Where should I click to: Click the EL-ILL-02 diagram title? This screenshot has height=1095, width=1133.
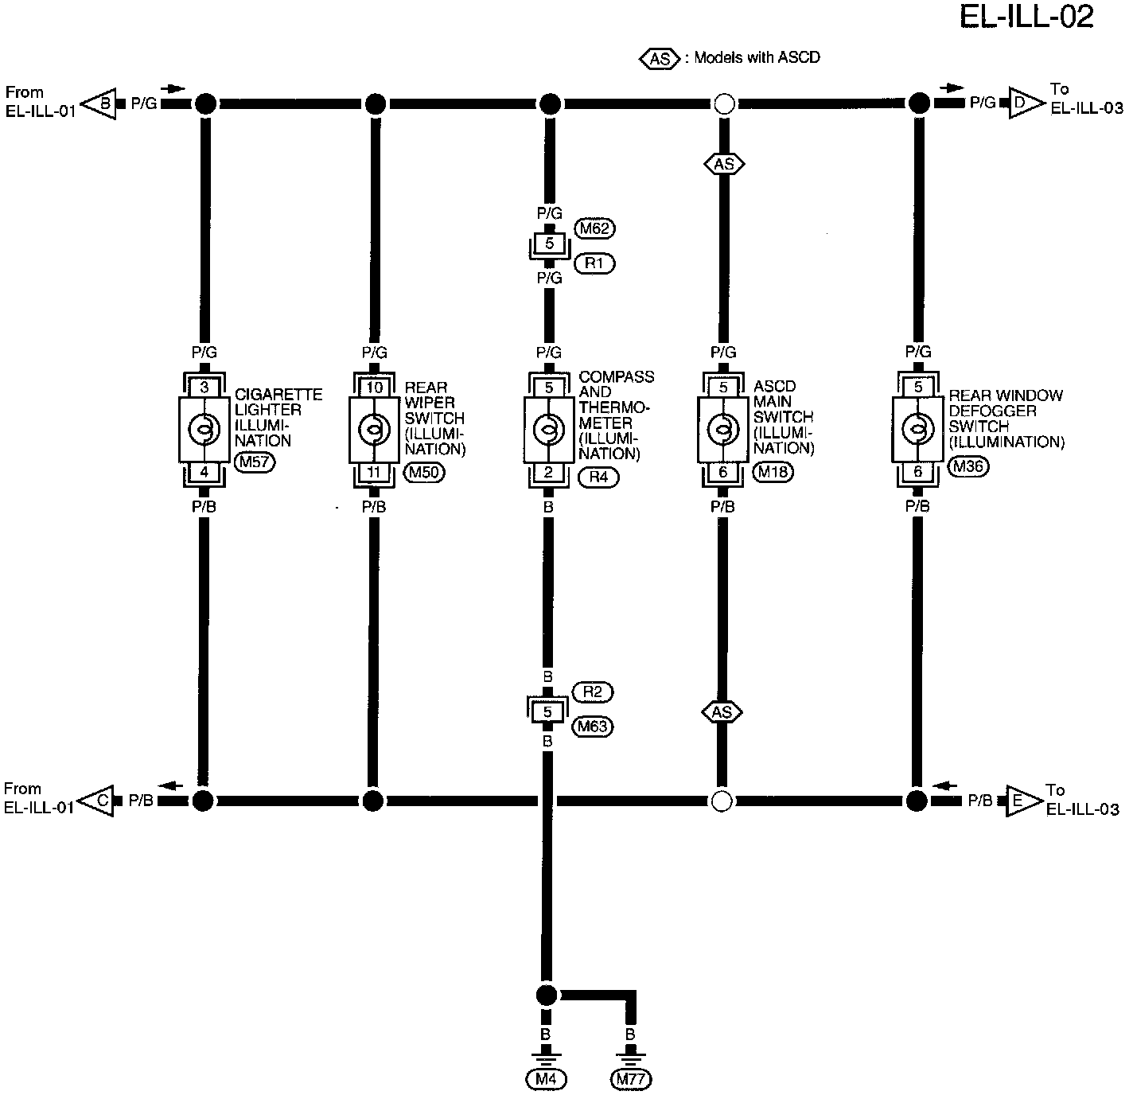pos(1026,18)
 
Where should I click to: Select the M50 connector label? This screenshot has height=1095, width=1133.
pos(425,472)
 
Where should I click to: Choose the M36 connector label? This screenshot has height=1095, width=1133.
pos(968,467)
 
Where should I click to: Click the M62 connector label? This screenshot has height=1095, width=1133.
pos(595,228)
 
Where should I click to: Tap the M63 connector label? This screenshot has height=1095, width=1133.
pos(593,726)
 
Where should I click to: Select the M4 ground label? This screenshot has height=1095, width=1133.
pos(546,1079)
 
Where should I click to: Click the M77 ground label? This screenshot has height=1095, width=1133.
pos(630,1079)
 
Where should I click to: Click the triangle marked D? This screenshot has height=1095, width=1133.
pos(1025,103)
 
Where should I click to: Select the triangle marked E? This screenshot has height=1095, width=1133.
pos(1021,800)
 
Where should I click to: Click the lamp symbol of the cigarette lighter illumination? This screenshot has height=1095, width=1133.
pos(204,430)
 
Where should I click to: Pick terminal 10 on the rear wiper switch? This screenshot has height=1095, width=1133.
pos(375,388)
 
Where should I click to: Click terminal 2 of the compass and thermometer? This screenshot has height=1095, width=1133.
pos(548,473)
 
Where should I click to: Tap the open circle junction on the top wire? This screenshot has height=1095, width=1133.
pos(724,103)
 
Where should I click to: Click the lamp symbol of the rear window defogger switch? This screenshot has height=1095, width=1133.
pos(917,430)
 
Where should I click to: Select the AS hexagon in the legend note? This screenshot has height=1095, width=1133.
pos(660,58)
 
